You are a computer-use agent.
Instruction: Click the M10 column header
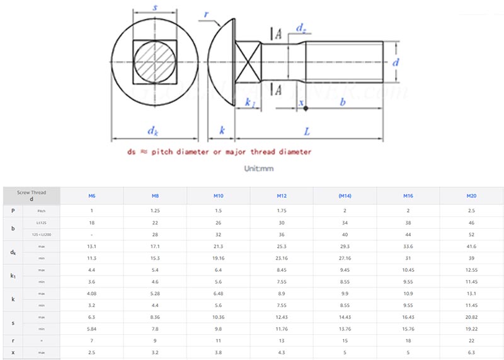pyautogui.click(x=218, y=196)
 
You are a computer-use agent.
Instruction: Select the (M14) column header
pyautogui.click(x=345, y=196)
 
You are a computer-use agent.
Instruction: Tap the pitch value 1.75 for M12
pyautogui.click(x=282, y=210)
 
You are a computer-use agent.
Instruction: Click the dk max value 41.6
pyautogui.click(x=471, y=247)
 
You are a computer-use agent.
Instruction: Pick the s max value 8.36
pyautogui.click(x=155, y=316)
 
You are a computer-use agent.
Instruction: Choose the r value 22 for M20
pyautogui.click(x=471, y=340)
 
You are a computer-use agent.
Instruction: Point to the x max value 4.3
pyautogui.click(x=282, y=352)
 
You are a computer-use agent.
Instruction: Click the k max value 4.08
pyautogui.click(x=92, y=293)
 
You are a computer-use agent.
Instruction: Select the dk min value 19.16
pyautogui.click(x=218, y=258)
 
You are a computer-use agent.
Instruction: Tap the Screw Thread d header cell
pyautogui.click(x=31, y=195)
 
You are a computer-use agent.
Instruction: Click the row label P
pyautogui.click(x=13, y=210)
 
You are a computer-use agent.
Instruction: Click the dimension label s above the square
pyautogui.click(x=155, y=8)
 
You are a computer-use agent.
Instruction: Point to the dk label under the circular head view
pyautogui.click(x=153, y=131)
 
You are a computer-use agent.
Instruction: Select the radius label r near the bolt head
pyautogui.click(x=206, y=13)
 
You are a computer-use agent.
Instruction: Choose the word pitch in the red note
pyautogui.click(x=156, y=152)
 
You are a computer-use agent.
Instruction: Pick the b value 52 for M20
pyautogui.click(x=471, y=235)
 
